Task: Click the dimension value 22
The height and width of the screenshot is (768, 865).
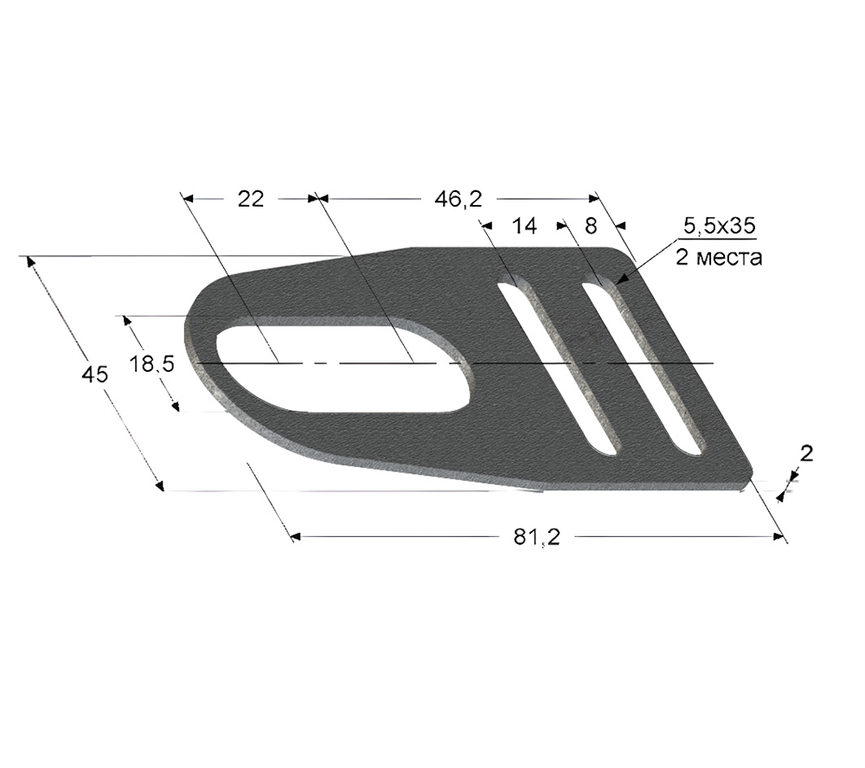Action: pos(251,199)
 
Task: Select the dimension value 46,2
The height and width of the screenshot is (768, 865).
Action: pos(458,199)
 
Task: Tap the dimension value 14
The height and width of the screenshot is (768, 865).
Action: pos(523,226)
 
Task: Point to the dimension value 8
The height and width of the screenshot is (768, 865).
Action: pos(590,226)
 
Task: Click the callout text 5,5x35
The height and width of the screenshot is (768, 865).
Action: pos(719,226)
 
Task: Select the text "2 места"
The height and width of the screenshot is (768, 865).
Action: pos(719,257)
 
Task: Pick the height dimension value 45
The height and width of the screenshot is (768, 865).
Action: pos(94,374)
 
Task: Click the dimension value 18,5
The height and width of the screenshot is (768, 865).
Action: pos(151,364)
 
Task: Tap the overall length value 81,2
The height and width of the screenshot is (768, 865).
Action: pos(537,537)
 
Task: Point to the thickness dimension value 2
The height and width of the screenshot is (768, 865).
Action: pos(806,453)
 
